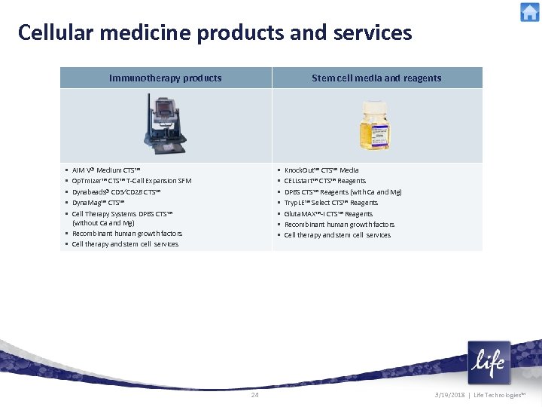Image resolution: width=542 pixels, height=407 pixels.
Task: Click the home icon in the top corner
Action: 529,12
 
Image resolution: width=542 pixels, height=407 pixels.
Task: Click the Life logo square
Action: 489,363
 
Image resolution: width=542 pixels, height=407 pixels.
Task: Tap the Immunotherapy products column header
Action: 166,78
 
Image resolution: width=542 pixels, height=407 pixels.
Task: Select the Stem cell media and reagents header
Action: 376,78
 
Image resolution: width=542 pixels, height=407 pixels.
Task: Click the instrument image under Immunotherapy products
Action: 166,124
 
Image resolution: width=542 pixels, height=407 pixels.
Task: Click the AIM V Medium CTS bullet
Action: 106,170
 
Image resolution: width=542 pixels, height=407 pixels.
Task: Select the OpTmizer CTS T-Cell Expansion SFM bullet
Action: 132,181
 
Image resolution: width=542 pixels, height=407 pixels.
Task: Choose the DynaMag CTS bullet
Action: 99,203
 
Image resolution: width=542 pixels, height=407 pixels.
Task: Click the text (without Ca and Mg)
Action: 103,223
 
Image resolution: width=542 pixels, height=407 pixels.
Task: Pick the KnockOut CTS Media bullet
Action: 321,170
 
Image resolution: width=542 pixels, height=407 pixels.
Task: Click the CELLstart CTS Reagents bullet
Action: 325,181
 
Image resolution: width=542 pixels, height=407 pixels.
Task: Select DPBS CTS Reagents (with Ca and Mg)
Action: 343,192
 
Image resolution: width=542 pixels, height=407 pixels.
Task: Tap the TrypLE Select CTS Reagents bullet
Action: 331,203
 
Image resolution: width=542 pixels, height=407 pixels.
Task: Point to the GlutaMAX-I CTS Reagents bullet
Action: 328,214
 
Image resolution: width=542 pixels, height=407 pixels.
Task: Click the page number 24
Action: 254,395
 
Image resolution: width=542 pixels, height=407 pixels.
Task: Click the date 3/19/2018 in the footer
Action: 450,395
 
